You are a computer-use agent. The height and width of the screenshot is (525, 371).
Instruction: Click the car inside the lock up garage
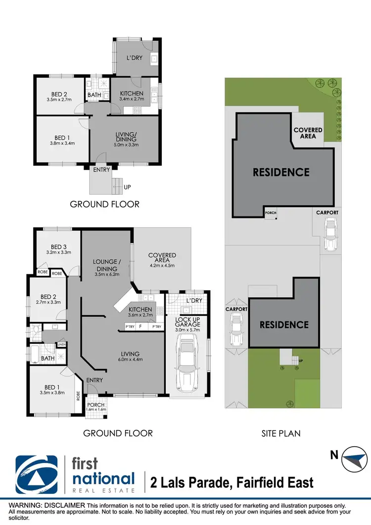click(188, 362)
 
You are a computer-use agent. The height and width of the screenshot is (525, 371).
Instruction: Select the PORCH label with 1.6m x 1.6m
click(95, 406)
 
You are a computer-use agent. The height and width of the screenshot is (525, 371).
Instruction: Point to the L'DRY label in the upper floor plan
click(134, 58)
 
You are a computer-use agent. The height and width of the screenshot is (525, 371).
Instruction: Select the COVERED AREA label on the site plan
click(308, 133)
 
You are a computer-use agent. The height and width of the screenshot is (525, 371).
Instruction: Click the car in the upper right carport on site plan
click(330, 235)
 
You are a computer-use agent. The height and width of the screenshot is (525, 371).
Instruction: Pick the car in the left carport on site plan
click(236, 332)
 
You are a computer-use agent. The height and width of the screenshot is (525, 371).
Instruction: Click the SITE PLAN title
click(280, 433)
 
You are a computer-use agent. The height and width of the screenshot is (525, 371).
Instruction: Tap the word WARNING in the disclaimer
click(20, 504)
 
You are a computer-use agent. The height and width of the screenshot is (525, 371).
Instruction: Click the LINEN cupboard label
click(62, 345)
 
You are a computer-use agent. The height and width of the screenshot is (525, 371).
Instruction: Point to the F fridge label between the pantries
click(140, 327)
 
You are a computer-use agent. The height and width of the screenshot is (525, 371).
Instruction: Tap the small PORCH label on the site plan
click(271, 213)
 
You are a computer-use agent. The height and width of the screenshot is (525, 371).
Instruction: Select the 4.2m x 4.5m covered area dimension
click(162, 265)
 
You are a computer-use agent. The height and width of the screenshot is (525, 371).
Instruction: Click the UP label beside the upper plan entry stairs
click(128, 188)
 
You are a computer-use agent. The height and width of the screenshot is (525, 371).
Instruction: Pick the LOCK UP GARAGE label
click(188, 322)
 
